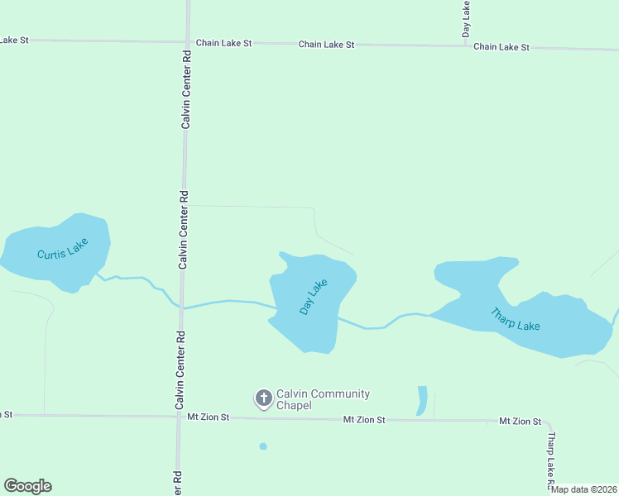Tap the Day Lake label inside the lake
pos(314,297)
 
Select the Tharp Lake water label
pos(516,319)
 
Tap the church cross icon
pos(264,399)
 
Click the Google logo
pos(27,486)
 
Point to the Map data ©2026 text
pos(584,489)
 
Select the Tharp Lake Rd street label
pos(550,460)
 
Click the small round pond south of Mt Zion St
pos(263,446)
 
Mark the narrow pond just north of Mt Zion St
pos(422,401)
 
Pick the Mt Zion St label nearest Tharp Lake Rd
pos(520,422)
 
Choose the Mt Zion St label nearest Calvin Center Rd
pos(208,418)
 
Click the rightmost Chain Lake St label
pos(501,47)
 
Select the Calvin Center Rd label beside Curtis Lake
pos(185,231)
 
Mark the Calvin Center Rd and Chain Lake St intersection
pos(187,41)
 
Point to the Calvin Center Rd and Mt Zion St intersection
pos(179,416)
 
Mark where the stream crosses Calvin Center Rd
pos(181,308)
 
